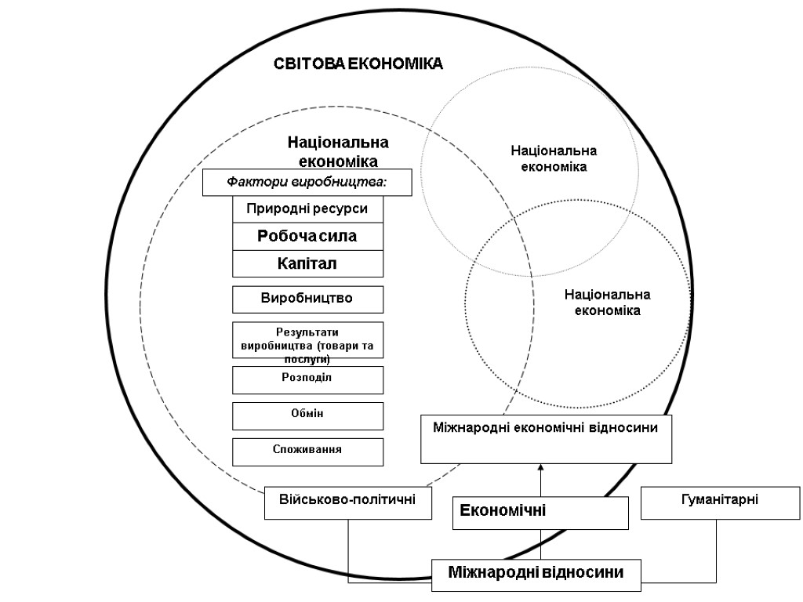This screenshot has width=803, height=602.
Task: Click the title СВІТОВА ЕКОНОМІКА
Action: [358, 64]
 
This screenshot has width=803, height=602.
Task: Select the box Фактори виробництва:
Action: [307, 183]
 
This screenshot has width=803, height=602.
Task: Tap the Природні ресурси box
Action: [307, 209]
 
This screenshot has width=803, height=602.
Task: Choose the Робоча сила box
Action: [307, 236]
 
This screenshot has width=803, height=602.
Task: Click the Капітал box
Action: [307, 263]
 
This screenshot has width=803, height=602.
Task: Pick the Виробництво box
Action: [307, 299]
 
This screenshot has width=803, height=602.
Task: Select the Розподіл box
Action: [307, 379]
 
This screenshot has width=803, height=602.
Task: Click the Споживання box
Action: [307, 451]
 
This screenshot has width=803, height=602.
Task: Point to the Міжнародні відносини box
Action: [536, 573]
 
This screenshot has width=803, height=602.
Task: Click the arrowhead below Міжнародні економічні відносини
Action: [541, 468]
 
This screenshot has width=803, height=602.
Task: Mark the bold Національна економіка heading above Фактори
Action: [338, 151]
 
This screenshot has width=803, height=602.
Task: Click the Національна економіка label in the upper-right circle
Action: [554, 158]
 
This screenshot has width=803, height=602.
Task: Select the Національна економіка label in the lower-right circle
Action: [608, 303]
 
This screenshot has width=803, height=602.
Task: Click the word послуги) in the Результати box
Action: [307, 358]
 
